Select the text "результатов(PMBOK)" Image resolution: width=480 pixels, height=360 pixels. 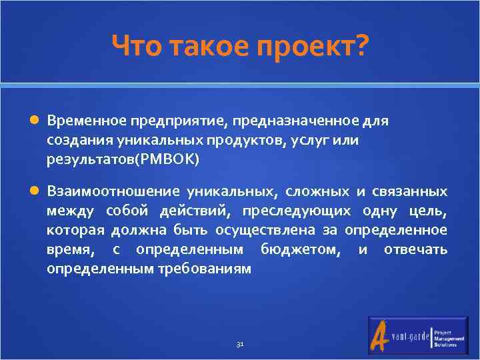[x=123, y=160]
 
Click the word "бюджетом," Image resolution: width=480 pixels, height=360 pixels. [x=300, y=249]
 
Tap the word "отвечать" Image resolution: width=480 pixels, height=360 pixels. [x=417, y=249]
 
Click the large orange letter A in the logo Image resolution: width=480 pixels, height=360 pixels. [x=381, y=335]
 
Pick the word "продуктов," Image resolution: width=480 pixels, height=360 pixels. [x=247, y=141]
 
